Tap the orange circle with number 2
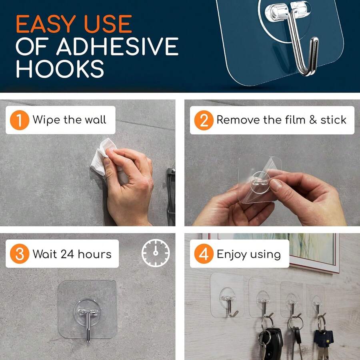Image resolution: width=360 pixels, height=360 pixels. (x=204, y=120)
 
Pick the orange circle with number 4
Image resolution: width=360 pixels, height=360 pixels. (x=204, y=254)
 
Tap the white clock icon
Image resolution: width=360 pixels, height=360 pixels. (x=156, y=253)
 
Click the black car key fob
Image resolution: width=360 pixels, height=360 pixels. (x=272, y=342)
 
